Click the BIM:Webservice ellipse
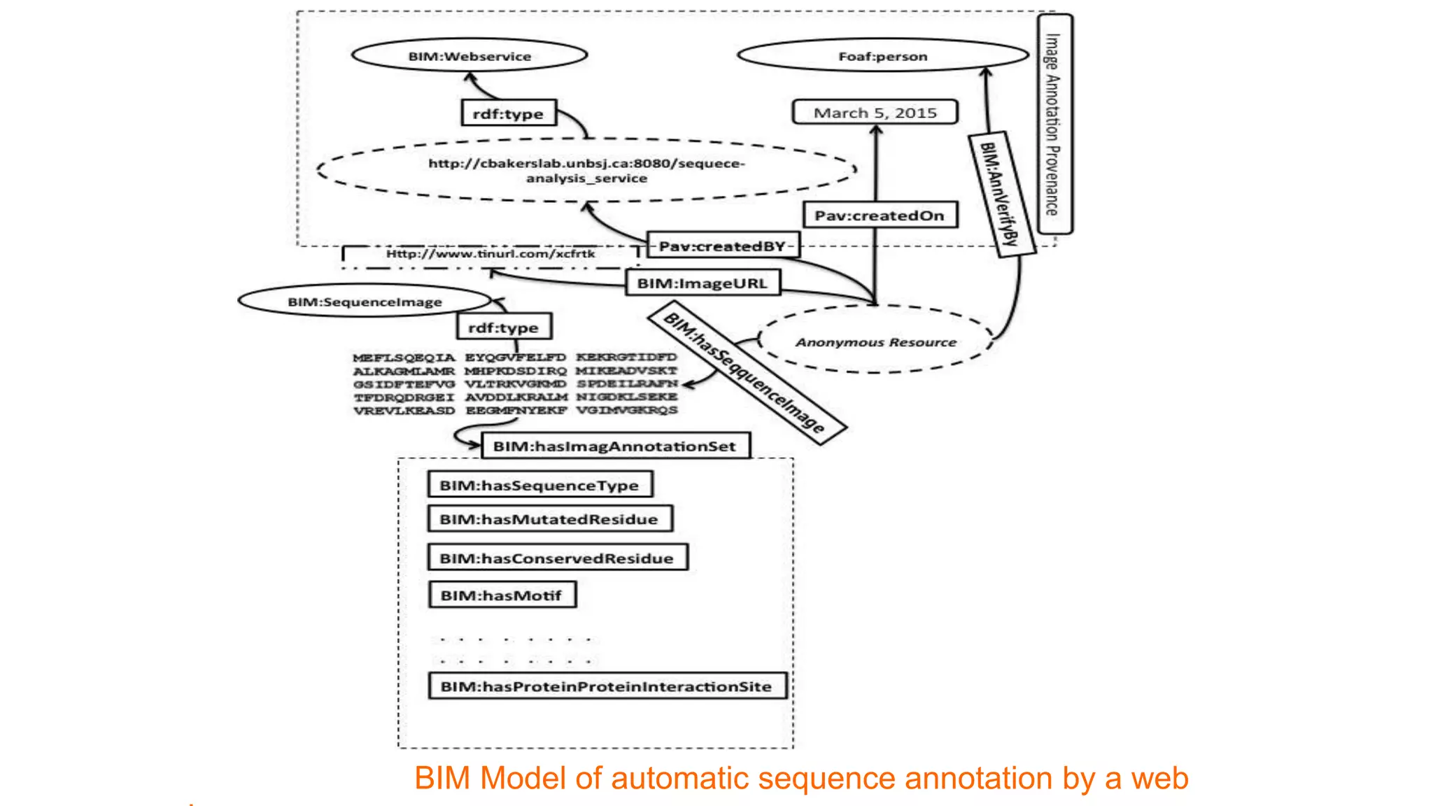point(470,56)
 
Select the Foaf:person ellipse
point(883,56)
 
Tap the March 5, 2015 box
point(875,113)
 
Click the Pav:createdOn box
point(880,215)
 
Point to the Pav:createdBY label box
point(723,246)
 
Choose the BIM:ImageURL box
point(703,283)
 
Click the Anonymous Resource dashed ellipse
point(875,342)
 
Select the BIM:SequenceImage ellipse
point(365,302)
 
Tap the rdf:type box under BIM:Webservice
point(509,113)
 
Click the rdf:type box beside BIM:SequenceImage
point(504,327)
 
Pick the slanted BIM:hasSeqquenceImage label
point(746,372)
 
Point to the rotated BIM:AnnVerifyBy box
point(1001,195)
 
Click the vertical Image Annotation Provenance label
point(1054,124)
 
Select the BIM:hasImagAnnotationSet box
point(615,446)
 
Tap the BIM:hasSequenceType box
point(539,485)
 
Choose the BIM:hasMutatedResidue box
point(549,519)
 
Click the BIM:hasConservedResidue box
point(557,558)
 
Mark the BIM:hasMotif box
point(502,595)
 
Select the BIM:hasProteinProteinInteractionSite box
point(607,686)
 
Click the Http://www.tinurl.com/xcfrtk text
point(490,254)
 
